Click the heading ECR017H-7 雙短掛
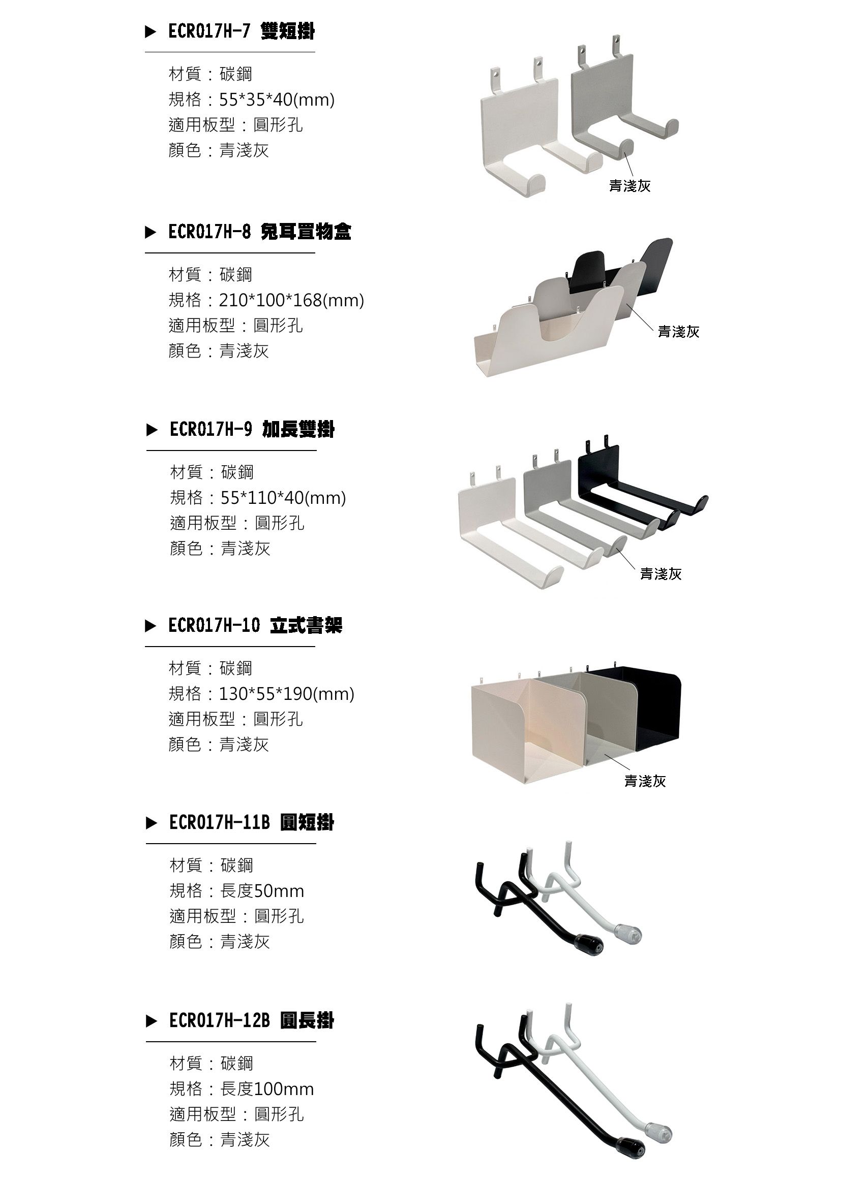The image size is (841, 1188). [x=242, y=32]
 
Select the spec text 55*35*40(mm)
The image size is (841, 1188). [x=277, y=100]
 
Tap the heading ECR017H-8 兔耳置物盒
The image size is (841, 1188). [x=259, y=232]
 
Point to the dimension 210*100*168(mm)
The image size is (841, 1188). [x=291, y=300]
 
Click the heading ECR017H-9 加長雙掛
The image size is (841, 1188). [x=252, y=430]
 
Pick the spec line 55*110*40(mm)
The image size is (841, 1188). [x=283, y=498]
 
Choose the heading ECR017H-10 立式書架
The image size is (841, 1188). [x=255, y=626]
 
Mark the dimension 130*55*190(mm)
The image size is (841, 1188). [x=286, y=694]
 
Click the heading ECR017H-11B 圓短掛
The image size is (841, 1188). [x=252, y=822]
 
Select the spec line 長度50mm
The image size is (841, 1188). [x=262, y=891]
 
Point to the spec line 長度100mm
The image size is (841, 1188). [x=267, y=1089]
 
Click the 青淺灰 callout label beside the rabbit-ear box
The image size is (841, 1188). [x=678, y=332]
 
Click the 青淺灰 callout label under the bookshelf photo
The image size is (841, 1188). [x=645, y=781]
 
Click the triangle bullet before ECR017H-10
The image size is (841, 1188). [x=150, y=626]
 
